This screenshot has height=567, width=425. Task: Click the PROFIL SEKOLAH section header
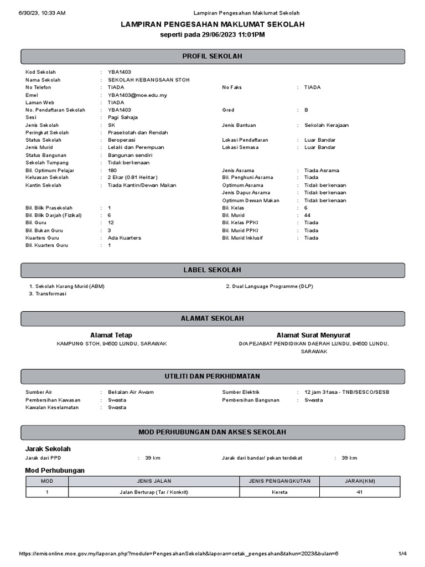(x=212, y=56)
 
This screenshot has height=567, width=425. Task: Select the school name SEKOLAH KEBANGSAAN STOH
(x=148, y=80)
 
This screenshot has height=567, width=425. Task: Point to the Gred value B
(x=306, y=110)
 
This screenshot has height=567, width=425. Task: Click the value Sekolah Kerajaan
(x=326, y=125)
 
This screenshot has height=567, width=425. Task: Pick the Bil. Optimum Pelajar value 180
(x=112, y=170)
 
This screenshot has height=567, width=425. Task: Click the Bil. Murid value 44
(x=308, y=215)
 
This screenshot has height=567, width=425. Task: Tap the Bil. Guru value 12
(x=111, y=223)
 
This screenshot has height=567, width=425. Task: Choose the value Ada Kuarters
(x=125, y=238)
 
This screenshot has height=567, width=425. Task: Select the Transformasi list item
(x=50, y=293)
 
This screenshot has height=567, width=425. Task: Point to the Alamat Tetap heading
(x=111, y=335)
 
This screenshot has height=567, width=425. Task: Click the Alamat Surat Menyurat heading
(x=313, y=335)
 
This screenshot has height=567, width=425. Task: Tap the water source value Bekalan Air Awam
(x=131, y=392)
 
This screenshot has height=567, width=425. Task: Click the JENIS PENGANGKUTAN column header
(x=279, y=481)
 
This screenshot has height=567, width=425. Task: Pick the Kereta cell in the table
(x=279, y=492)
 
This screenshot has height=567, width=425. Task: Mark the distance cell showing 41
(x=360, y=492)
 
